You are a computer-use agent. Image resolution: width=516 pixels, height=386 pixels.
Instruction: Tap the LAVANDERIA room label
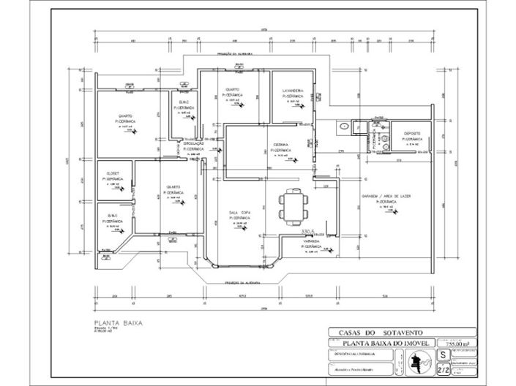click(292, 91)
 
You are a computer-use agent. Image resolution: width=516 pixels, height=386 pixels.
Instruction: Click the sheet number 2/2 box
click(443, 371)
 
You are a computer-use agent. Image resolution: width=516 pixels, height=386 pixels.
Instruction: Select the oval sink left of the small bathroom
click(343, 126)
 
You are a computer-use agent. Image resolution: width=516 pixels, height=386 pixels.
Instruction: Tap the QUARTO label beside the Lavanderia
click(233, 90)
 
